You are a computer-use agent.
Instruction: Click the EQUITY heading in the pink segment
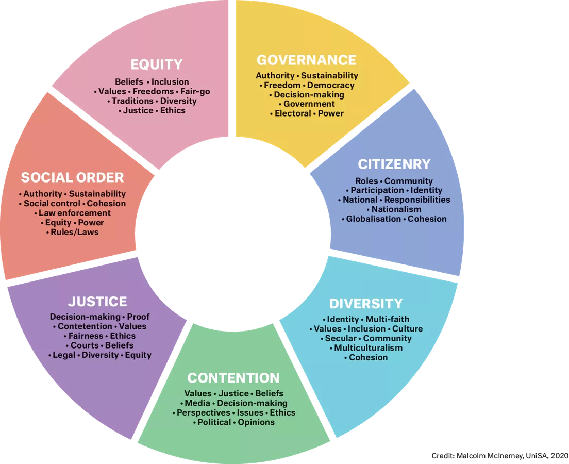coord(156,64)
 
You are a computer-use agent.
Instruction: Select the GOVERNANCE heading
coord(306,60)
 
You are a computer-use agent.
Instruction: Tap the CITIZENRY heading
coord(394,164)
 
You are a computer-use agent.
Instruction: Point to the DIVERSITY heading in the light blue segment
coord(366,303)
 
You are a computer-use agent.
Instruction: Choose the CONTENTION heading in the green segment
coord(233,378)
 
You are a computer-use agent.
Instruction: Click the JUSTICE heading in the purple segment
coord(97,301)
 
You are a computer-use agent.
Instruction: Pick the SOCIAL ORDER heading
coord(72,178)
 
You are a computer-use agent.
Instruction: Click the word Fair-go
coord(195,91)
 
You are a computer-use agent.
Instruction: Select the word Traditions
coord(132,101)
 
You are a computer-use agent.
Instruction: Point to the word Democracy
coord(331,85)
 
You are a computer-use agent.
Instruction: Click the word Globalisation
coord(373,219)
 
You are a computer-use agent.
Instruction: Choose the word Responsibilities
coord(417,200)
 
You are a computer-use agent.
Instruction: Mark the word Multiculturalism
coord(368,348)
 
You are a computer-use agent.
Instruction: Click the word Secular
coord(340,338)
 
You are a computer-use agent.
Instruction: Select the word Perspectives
coord(203,412)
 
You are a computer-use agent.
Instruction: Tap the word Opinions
coord(256,422)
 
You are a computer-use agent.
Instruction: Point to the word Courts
coord(85,345)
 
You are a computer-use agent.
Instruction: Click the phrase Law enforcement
coord(75,213)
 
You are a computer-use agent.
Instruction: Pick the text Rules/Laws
coord(74,232)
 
